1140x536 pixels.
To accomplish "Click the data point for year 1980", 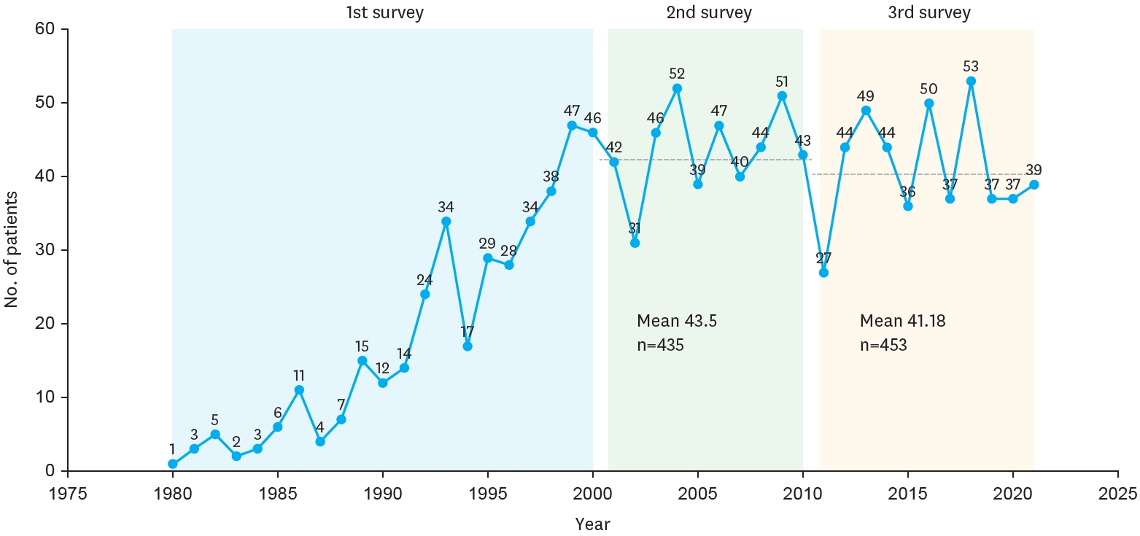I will (x=173, y=464).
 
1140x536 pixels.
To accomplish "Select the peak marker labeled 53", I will (x=971, y=81).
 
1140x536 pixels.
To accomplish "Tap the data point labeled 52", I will (x=677, y=88).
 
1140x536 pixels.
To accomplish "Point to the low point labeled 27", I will (x=823, y=273).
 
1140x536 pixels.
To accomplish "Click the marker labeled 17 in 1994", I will (x=467, y=346).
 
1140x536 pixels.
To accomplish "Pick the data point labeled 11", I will (x=299, y=389).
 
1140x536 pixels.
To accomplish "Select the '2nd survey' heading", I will (x=709, y=13).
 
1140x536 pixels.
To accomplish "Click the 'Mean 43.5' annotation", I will (x=676, y=321).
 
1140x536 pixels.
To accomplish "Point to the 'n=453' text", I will (x=883, y=345).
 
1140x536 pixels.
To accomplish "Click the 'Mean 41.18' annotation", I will (x=902, y=321).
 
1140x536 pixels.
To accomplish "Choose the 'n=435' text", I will (x=660, y=345).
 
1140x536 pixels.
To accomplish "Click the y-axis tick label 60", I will (x=46, y=30).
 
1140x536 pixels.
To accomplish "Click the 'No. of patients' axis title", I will (x=12, y=250).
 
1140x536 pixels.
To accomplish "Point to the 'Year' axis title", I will (x=592, y=524).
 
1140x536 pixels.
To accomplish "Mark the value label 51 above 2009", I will (x=782, y=82).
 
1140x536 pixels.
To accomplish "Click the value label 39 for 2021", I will (x=1034, y=170).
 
